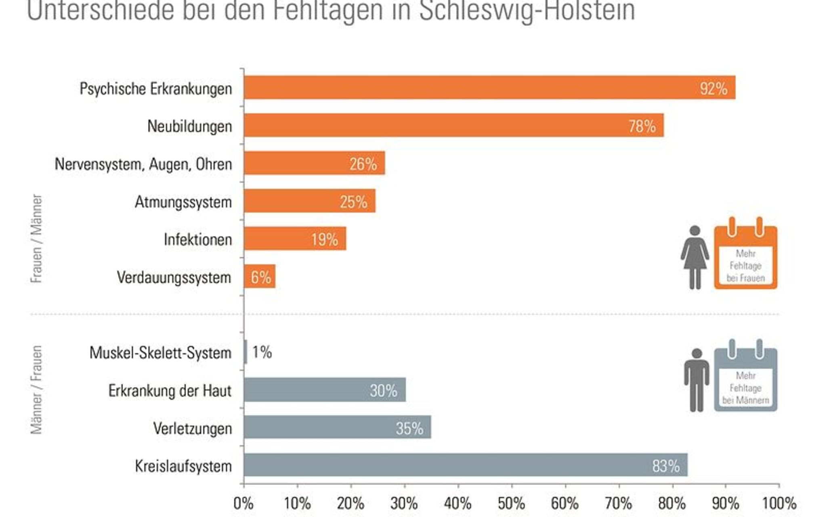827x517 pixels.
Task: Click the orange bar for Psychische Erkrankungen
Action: tap(485, 87)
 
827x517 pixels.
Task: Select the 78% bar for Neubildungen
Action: tap(444, 125)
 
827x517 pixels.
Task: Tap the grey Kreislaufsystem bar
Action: tap(464, 465)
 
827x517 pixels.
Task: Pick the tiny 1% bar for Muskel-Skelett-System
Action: tap(246, 352)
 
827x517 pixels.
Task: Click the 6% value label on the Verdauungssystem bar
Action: tap(261, 277)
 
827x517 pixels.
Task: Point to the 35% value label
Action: tap(409, 428)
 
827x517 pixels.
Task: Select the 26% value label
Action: tap(363, 164)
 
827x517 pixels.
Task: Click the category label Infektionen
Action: tap(198, 240)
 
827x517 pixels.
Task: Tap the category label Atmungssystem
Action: tap(183, 202)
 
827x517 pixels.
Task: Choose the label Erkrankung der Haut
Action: tap(170, 391)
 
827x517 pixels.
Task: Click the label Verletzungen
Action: tap(193, 428)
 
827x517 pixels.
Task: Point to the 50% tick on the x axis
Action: tap(511, 503)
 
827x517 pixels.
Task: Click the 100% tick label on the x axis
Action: tap(779, 503)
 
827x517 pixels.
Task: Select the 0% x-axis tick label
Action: tap(243, 503)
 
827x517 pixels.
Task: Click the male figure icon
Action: tap(697, 380)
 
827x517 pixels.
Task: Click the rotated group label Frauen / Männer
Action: tap(36, 238)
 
